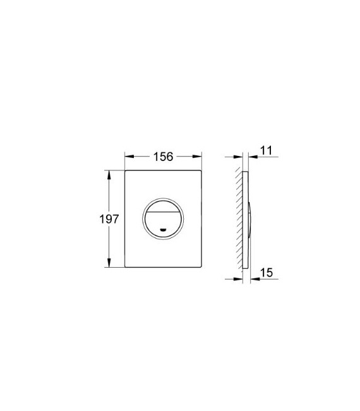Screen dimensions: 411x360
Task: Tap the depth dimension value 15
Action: tap(266, 272)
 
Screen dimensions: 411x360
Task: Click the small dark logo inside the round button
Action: tap(164, 230)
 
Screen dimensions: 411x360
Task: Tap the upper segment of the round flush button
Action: tap(164, 206)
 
